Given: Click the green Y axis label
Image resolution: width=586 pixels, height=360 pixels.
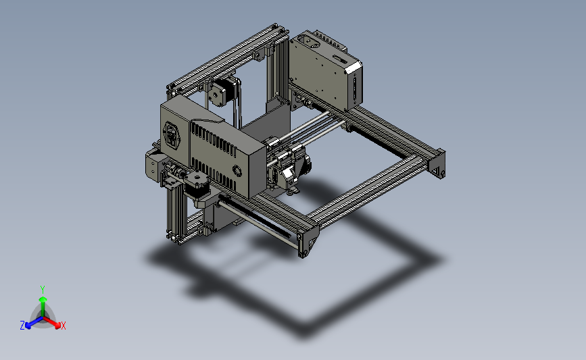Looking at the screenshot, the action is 43,290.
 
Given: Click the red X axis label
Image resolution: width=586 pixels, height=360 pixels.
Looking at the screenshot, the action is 63,326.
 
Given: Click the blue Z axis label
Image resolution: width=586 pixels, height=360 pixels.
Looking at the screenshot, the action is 22,326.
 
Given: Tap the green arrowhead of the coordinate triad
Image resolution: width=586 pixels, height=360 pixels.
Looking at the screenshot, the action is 43,299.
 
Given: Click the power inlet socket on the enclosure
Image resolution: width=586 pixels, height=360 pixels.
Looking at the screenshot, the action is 172,136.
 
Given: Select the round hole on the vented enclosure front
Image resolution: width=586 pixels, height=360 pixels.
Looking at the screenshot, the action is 237,171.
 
